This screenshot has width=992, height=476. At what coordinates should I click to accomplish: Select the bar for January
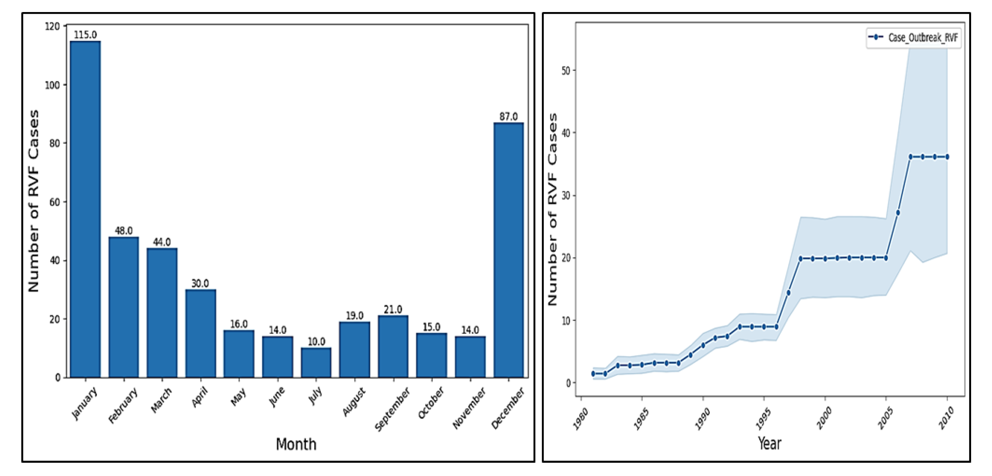(x=85, y=209)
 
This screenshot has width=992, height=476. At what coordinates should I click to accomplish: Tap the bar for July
(x=316, y=362)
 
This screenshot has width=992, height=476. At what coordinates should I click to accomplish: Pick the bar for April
(x=201, y=333)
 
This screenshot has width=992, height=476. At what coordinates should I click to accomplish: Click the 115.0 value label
(x=85, y=35)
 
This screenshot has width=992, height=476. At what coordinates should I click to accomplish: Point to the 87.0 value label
(x=508, y=116)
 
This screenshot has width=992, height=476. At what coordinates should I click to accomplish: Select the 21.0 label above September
(x=393, y=309)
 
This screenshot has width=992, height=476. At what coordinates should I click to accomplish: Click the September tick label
(x=392, y=409)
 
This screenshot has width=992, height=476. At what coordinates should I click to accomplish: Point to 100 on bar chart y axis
(x=52, y=85)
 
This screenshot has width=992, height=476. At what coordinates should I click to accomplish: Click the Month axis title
(x=296, y=444)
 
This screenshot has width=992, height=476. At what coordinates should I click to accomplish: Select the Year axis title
(x=769, y=443)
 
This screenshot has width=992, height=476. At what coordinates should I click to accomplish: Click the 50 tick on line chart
(x=566, y=71)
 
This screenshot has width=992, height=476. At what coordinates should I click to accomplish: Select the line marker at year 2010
(x=947, y=157)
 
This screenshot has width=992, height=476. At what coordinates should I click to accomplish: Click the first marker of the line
(x=593, y=374)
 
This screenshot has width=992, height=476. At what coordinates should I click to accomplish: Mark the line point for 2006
(x=898, y=212)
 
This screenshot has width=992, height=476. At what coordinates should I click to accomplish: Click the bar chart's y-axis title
(x=34, y=201)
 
